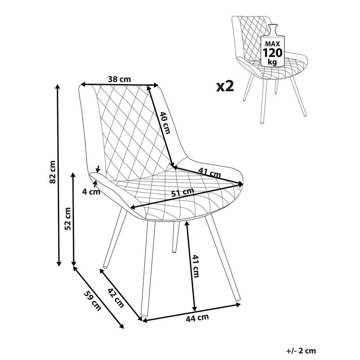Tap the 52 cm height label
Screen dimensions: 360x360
point(68,219)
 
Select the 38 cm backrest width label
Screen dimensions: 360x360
point(119,79)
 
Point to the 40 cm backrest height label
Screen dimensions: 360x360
point(165,123)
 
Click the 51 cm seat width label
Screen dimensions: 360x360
point(183,192)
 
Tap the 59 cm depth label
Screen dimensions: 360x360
point(92,301)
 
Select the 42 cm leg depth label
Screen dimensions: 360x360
point(116,298)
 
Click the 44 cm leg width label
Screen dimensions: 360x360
point(197,318)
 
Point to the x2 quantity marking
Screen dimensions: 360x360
point(225,86)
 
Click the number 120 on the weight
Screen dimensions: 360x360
point(272,52)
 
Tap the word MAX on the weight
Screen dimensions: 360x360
point(272,43)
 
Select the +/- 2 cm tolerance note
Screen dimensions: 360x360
point(301,351)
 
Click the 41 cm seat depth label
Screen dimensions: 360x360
point(209,173)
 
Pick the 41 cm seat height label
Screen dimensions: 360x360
point(196,266)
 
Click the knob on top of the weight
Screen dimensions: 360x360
point(273,26)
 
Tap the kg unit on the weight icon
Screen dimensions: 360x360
point(272,62)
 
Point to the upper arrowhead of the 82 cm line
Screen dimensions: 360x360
point(58,86)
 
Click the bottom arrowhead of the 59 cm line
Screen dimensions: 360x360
point(121,326)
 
